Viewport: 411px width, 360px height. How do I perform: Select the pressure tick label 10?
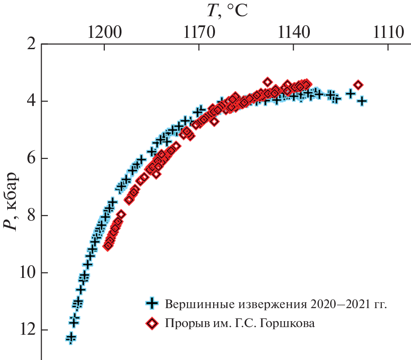click(27, 273)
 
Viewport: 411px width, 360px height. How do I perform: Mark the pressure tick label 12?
click(27, 330)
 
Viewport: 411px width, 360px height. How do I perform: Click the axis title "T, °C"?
click(227, 11)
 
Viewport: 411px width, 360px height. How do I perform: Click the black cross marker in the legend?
click(153, 303)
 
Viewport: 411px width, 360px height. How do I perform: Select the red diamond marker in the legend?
click(153, 323)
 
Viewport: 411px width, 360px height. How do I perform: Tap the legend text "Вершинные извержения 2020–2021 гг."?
click(276, 303)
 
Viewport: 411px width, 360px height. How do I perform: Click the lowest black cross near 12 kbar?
click(71, 337)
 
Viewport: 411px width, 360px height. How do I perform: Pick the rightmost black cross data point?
click(361, 101)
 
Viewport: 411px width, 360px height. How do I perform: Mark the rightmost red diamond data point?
click(358, 85)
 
